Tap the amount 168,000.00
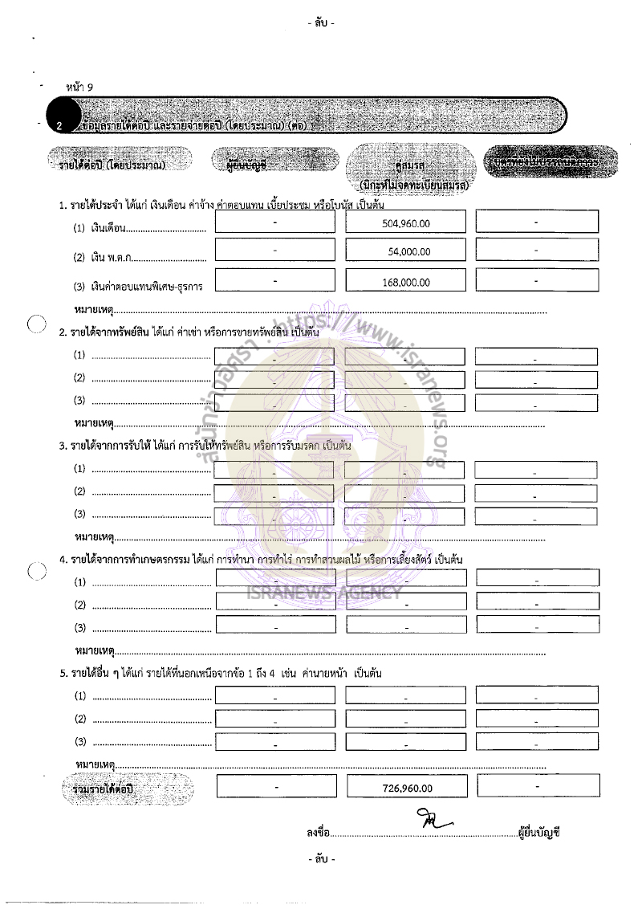(404, 282)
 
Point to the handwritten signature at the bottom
(433, 821)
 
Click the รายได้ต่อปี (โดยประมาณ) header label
(112, 164)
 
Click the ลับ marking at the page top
(320, 23)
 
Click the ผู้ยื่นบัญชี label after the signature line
(539, 834)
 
